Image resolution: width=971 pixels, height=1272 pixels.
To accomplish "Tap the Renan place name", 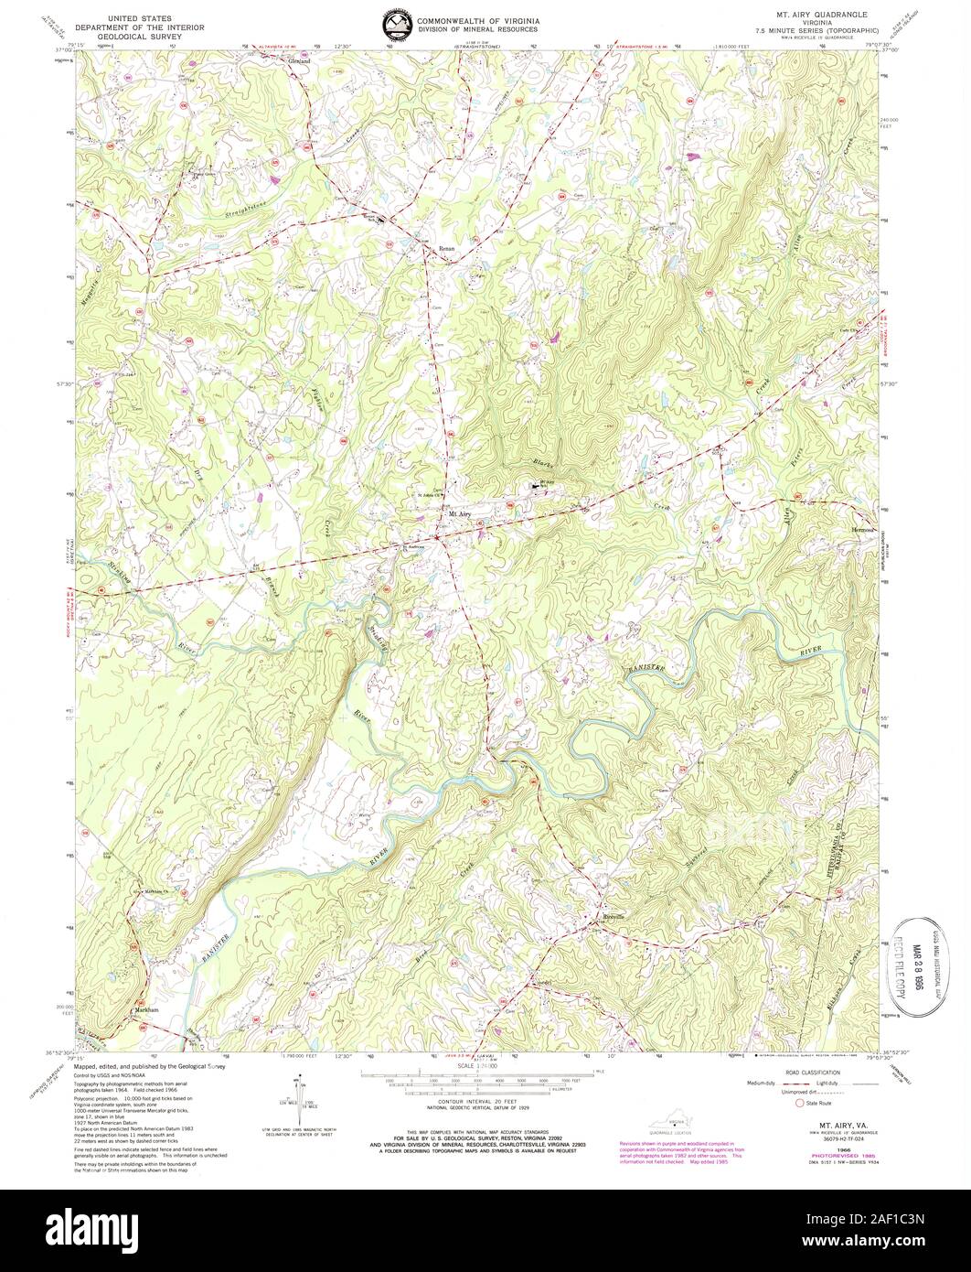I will pos(446,248).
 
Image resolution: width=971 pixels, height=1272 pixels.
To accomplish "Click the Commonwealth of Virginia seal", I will pos(396,25).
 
